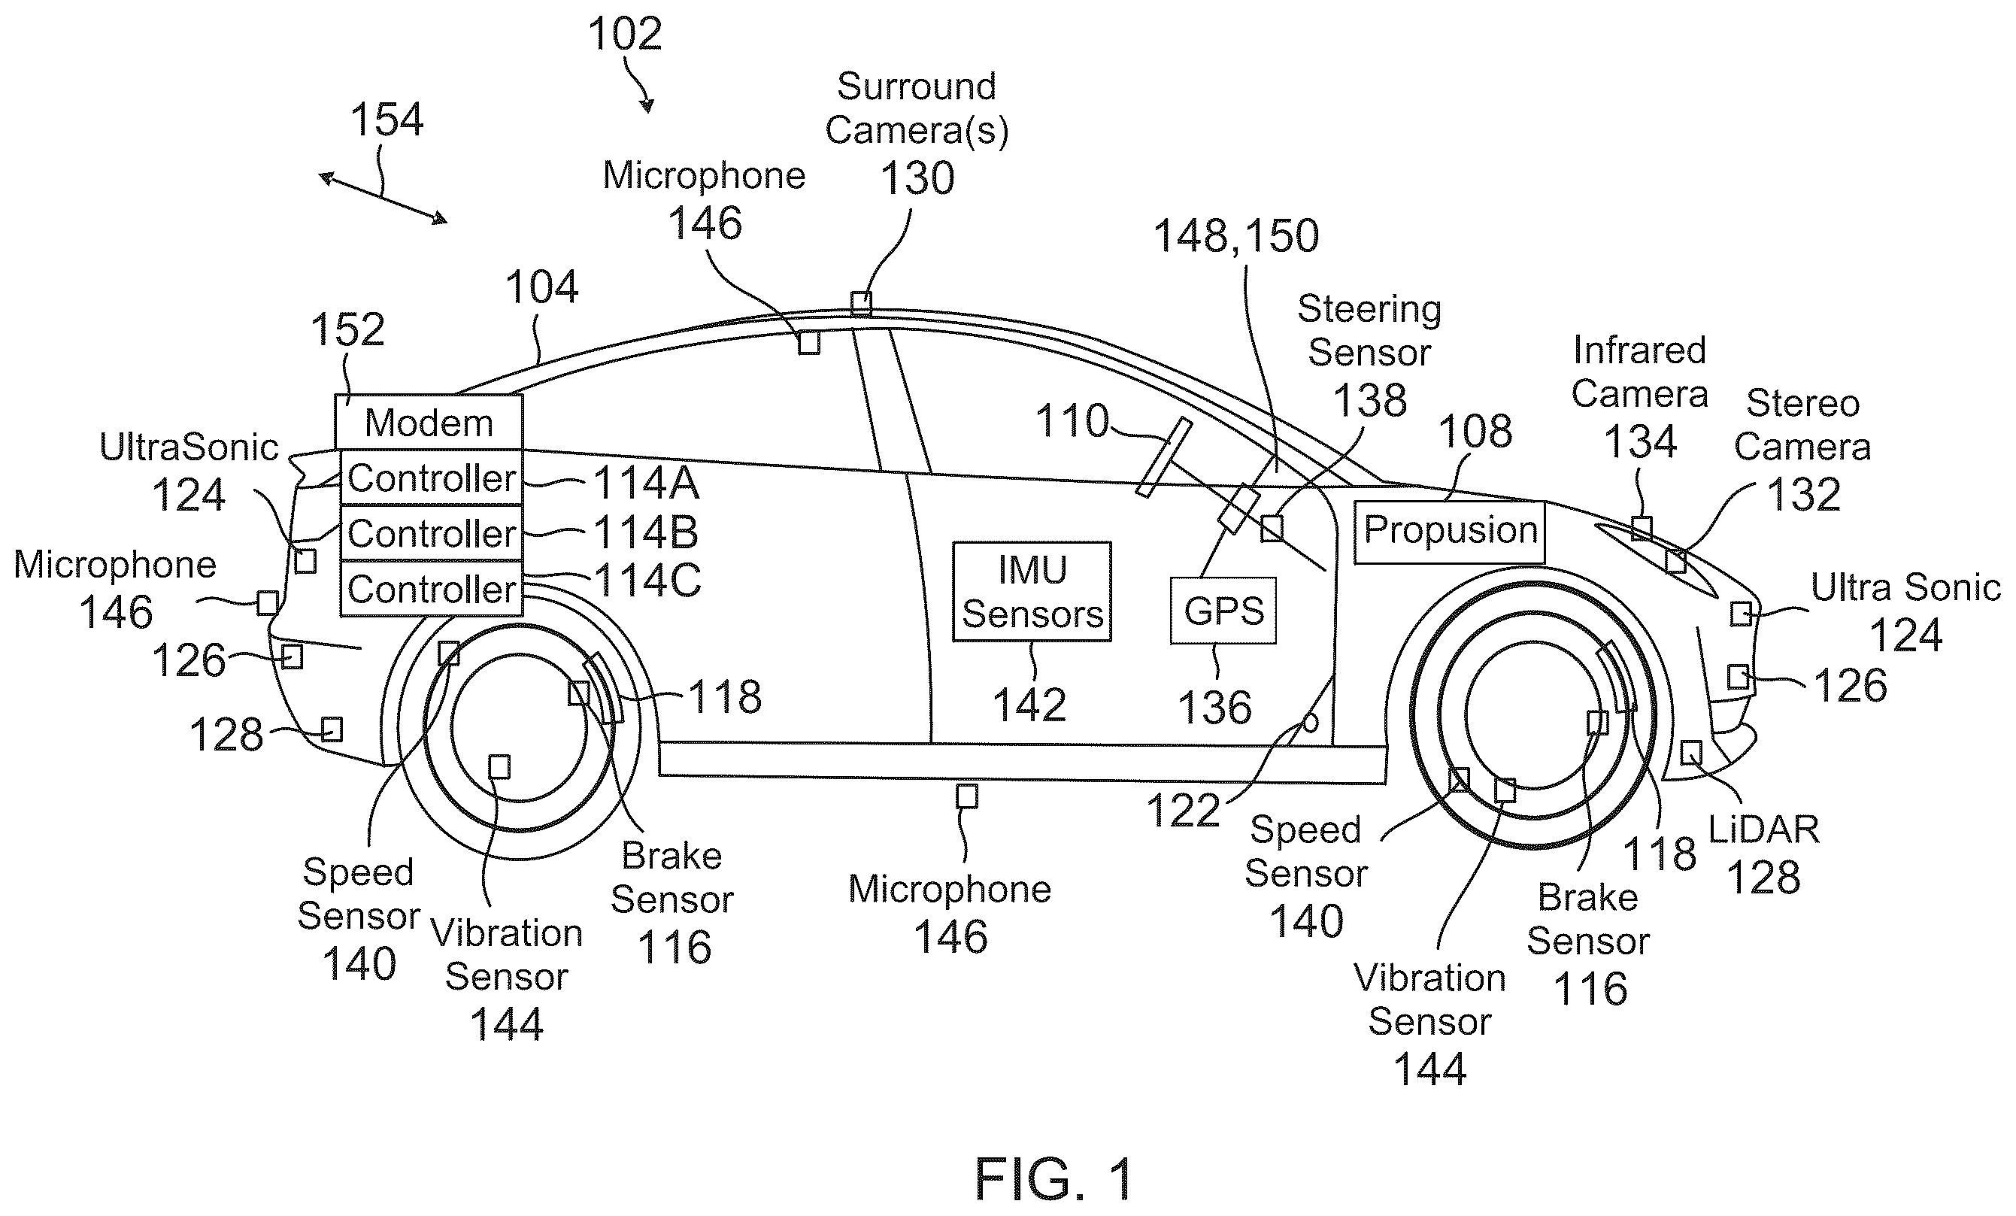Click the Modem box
pyautogui.click(x=429, y=422)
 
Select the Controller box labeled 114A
pyautogui.click(x=431, y=478)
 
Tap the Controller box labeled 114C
pyautogui.click(x=431, y=588)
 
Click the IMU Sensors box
pyautogui.click(x=1032, y=592)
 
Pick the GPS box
pyautogui.click(x=1223, y=611)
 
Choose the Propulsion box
pyautogui.click(x=1449, y=532)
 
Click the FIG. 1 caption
pyautogui.click(x=1053, y=1178)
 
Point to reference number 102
pyautogui.click(x=624, y=35)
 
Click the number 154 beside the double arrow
pyautogui.click(x=387, y=120)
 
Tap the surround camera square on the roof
pyautogui.click(x=861, y=303)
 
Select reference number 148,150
pyautogui.click(x=1235, y=235)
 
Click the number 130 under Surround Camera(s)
pyautogui.click(x=917, y=178)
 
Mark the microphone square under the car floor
pyautogui.click(x=967, y=796)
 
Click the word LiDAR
pyautogui.click(x=1764, y=829)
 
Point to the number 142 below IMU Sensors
pyautogui.click(x=1029, y=705)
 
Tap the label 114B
pyautogui.click(x=645, y=532)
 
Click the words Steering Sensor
pyautogui.click(x=1369, y=331)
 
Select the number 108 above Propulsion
pyautogui.click(x=1475, y=431)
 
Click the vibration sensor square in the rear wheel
pyautogui.click(x=499, y=767)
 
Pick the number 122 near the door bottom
pyautogui.click(x=1183, y=811)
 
